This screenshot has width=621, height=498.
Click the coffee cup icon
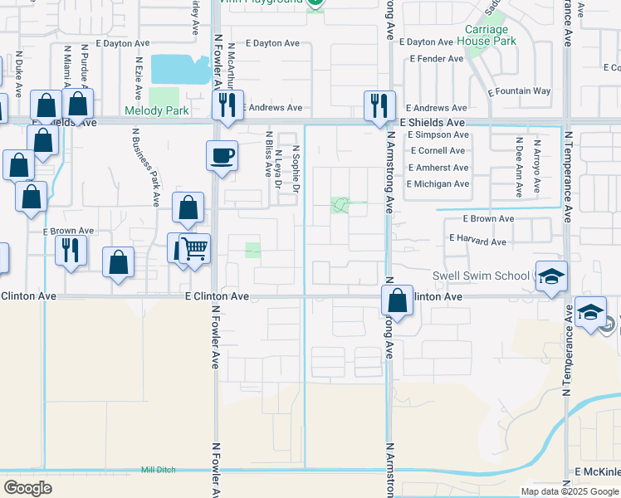(222, 154)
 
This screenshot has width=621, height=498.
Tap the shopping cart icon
(194, 248)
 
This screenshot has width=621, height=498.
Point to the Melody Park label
(156, 110)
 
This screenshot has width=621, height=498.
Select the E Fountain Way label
(519, 91)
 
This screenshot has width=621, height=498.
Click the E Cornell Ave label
(437, 151)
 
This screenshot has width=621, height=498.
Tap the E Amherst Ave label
(438, 168)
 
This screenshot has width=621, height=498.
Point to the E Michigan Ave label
(438, 184)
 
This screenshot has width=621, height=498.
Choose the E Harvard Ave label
(477, 242)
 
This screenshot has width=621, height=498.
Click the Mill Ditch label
(158, 470)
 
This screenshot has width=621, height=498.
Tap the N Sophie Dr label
(296, 168)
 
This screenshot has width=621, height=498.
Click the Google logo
(27, 488)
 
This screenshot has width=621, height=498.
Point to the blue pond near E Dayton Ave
(180, 70)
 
